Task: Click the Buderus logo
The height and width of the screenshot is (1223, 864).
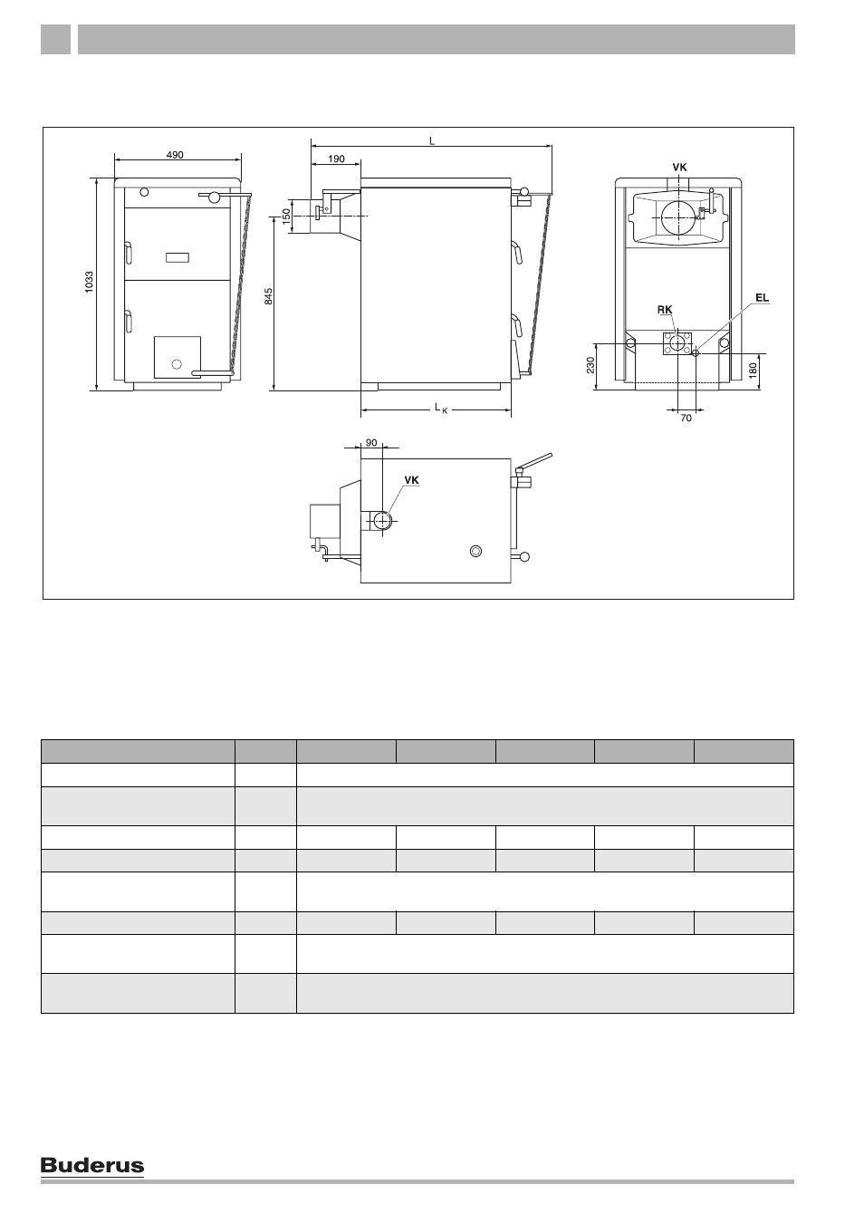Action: tap(92, 1166)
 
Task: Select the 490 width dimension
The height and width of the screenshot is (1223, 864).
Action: tap(175, 155)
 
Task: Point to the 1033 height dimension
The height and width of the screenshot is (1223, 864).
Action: tap(89, 283)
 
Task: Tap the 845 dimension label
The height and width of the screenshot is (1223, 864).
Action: tap(269, 296)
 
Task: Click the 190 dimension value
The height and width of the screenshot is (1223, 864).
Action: tap(336, 159)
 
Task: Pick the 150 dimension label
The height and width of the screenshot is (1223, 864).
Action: tap(286, 216)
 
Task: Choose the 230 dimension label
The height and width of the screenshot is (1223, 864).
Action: tap(590, 365)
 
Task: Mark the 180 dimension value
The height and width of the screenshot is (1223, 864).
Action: tap(754, 371)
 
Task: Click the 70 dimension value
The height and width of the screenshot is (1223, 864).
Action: tap(686, 418)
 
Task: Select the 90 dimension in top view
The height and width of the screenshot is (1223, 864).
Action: tap(371, 443)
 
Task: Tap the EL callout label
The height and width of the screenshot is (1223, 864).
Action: tap(762, 298)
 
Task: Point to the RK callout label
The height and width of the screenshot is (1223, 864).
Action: tap(665, 310)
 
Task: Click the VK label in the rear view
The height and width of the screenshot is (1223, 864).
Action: tap(679, 168)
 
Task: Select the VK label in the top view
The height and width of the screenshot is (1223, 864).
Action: tap(411, 480)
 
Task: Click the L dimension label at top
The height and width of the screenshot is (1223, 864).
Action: tap(432, 141)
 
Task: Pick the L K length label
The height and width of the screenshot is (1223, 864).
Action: tap(441, 408)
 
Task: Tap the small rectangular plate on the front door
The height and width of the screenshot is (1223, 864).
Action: tap(178, 257)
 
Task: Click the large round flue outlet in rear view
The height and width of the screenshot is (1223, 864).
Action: tap(679, 217)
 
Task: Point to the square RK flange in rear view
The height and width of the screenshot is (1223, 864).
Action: tap(677, 342)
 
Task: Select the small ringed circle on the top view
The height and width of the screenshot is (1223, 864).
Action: tap(476, 551)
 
